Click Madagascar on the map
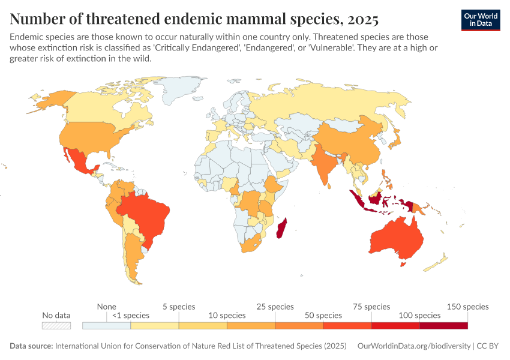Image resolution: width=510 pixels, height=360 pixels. coord(280,228)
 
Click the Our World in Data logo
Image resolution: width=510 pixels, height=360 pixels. coord(480,20)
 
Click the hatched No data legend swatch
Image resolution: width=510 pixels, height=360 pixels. coord(56,325)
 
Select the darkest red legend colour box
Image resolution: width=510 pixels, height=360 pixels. coord(443,325)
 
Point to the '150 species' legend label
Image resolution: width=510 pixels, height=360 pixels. coord(468,307)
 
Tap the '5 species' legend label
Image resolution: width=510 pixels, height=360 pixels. coord(178,307)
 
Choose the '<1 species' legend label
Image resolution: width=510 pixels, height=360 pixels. coord(131,316)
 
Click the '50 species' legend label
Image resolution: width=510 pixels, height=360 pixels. coord(323,316)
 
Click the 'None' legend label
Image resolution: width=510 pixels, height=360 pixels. coord(107,307)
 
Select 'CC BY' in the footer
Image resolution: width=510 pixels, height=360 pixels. coord(489,346)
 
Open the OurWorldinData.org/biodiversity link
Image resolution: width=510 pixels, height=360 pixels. coord(413,346)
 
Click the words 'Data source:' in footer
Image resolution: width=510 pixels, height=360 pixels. coord(31,346)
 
